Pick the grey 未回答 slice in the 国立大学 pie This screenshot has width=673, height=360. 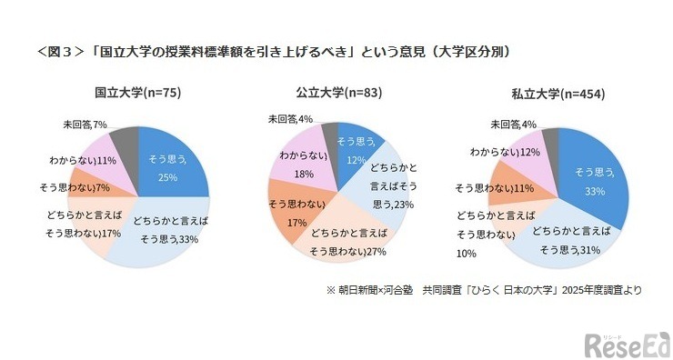(126, 140)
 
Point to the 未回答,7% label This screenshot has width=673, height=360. (85, 123)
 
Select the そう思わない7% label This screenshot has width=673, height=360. (75, 187)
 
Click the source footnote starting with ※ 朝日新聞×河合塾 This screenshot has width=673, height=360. (484, 291)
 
